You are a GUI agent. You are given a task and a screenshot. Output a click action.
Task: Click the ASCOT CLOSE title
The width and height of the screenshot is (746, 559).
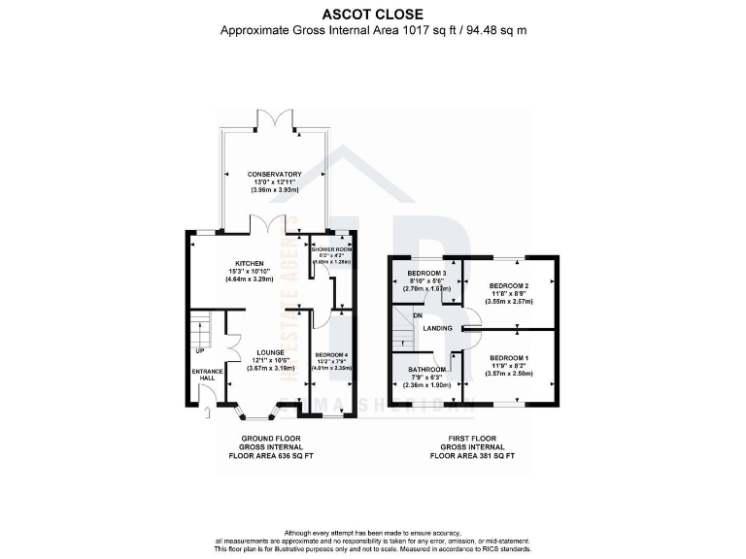pyautogui.click(x=373, y=15)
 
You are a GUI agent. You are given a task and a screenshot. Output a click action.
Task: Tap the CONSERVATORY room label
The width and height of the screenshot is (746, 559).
pyautogui.click(x=274, y=175)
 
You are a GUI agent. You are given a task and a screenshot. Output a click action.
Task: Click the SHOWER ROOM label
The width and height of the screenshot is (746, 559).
pyautogui.click(x=333, y=249)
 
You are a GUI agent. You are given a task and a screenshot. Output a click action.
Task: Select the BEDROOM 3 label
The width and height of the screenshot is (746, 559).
pyautogui.click(x=426, y=272)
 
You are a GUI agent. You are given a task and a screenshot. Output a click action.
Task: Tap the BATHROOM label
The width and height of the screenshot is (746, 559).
pyautogui.click(x=427, y=370)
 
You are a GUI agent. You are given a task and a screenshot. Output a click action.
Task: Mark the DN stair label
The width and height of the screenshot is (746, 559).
pyautogui.click(x=417, y=315)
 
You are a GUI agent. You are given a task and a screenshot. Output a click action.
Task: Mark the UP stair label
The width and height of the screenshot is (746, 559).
pyautogui.click(x=200, y=350)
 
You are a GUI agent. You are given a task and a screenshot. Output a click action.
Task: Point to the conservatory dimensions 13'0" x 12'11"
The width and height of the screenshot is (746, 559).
pyautogui.click(x=274, y=182)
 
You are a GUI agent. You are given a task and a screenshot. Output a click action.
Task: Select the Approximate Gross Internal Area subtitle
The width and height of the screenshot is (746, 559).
pyautogui.click(x=373, y=30)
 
